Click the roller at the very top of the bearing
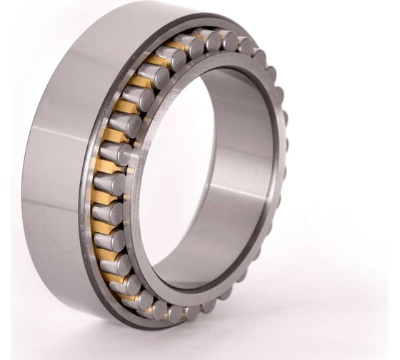pyautogui.click(x=211, y=40)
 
